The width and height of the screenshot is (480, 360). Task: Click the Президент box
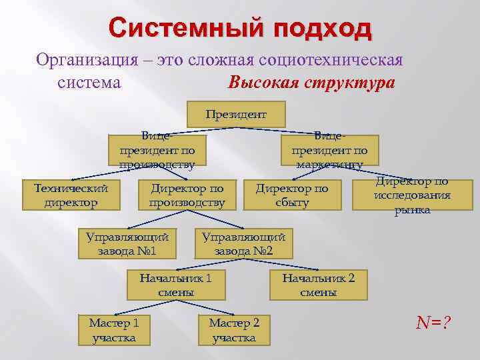(x=236, y=115)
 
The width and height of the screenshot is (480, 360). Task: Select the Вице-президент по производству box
(x=157, y=151)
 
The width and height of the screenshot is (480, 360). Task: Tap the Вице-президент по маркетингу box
(x=329, y=151)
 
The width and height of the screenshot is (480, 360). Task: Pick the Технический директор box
(x=71, y=195)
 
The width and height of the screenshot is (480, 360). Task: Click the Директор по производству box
(x=187, y=195)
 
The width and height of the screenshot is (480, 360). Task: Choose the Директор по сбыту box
(x=292, y=195)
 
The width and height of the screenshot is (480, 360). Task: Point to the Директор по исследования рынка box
(x=412, y=195)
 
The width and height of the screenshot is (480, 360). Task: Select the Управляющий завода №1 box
(x=127, y=244)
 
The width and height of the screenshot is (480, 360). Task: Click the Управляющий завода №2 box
(x=243, y=244)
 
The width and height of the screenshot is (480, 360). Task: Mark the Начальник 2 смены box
(x=318, y=285)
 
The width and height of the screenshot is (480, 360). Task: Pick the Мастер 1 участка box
(x=114, y=330)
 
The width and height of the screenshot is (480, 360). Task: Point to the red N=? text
(x=433, y=323)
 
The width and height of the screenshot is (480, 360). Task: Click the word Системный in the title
(x=179, y=29)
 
